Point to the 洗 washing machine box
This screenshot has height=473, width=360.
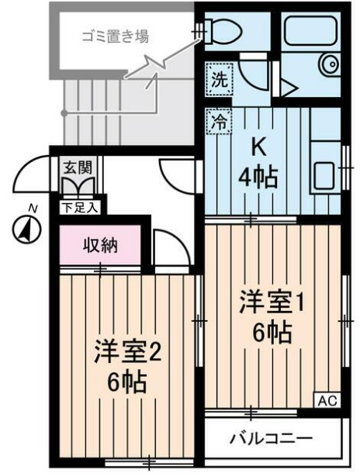(219, 78)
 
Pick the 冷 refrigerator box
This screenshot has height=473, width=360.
(219, 121)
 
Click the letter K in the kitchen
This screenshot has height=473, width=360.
(258, 145)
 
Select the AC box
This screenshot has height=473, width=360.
(326, 400)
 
